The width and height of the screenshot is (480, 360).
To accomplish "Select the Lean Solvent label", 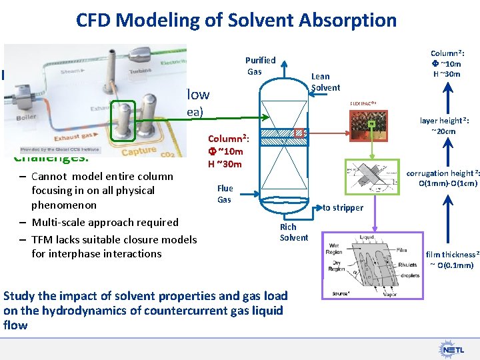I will pos(325,82).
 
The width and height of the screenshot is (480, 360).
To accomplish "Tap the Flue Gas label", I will pos(225,193).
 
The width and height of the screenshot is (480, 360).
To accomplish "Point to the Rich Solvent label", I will pos(293,232).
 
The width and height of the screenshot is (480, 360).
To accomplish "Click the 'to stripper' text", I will pos(343,207).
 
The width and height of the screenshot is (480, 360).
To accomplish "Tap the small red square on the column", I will pos(299,134).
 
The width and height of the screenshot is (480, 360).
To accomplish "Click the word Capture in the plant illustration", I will pos(139,151).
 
